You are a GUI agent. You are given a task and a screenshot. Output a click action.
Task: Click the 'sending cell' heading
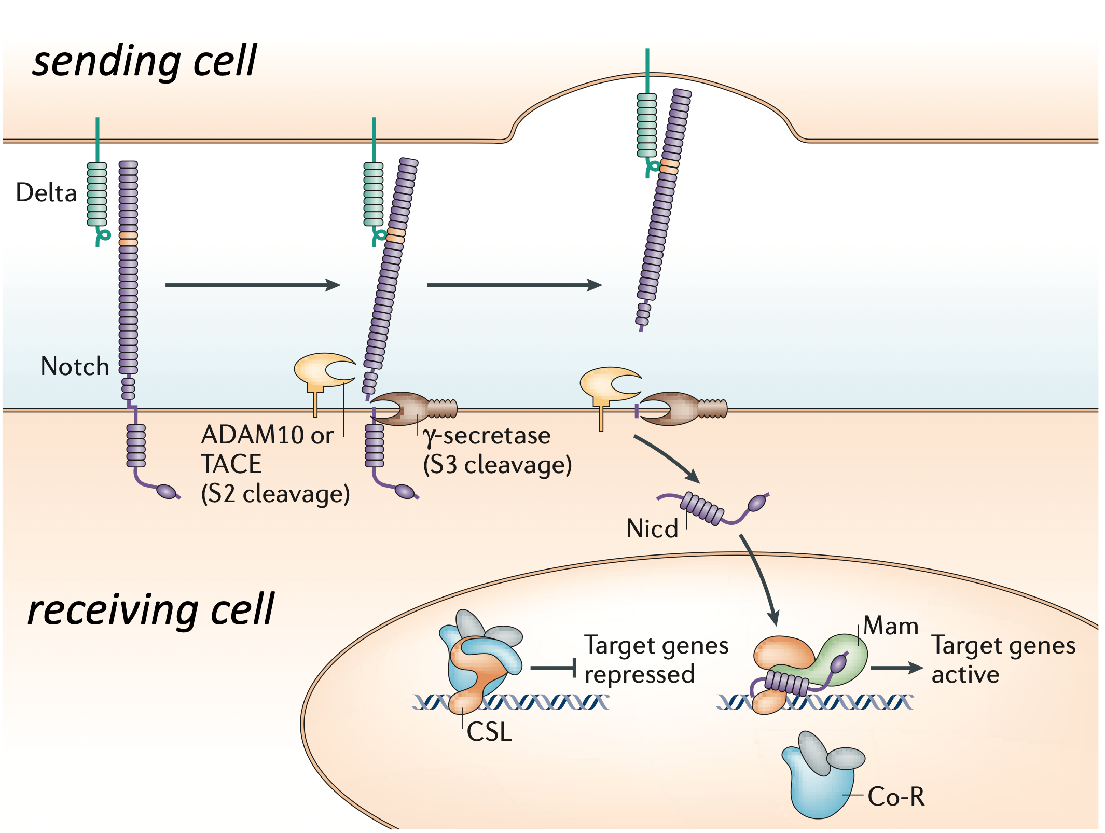coord(144,61)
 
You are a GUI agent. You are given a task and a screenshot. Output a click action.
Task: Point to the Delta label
coord(46,193)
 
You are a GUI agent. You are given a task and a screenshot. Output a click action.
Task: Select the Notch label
coord(75,367)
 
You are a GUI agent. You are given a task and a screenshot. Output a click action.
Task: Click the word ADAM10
coord(252,435)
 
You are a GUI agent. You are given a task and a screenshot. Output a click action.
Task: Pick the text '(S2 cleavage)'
coord(275,494)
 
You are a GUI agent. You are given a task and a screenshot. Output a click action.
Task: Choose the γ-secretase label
coord(487,436)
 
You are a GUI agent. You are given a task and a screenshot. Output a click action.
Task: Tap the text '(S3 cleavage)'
coord(497,465)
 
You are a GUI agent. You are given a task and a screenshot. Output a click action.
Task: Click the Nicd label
coord(652,529)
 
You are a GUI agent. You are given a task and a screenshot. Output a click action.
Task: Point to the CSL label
coord(489,732)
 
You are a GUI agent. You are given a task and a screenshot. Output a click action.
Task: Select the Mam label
coord(891,626)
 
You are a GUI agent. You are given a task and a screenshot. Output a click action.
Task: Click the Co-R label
coord(896,797)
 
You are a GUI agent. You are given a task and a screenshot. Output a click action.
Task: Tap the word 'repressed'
coord(639,675)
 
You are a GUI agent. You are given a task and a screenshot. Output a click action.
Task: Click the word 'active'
coord(965,675)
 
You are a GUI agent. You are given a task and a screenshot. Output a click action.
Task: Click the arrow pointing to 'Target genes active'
coord(896,668)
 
